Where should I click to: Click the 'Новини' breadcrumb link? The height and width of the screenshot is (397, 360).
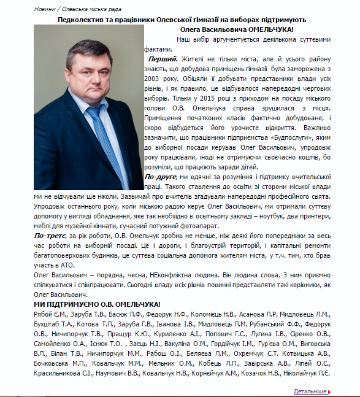pos(44,10)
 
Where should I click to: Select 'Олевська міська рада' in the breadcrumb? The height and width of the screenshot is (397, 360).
pos(92,10)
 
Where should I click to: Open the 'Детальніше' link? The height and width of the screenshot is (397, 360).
pos(310,390)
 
